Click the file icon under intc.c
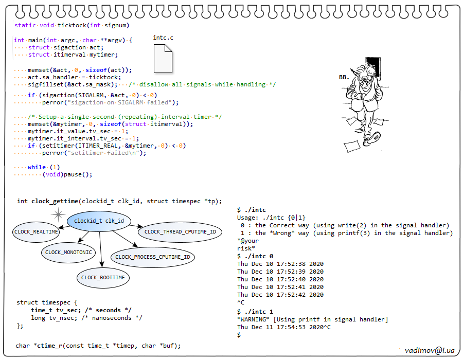[x=163, y=58]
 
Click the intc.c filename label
[x=164, y=38]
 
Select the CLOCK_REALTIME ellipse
[x=37, y=232]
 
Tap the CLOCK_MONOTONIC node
[x=68, y=253]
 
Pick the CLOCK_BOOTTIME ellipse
[x=103, y=278]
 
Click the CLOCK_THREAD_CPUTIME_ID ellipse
[x=180, y=232]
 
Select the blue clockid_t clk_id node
[x=99, y=221]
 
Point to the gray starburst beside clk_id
[x=59, y=214]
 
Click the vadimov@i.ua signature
[x=429, y=350]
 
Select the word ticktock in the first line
[x=72, y=25]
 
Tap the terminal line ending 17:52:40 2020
[x=280, y=279]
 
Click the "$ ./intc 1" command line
[x=255, y=312]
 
